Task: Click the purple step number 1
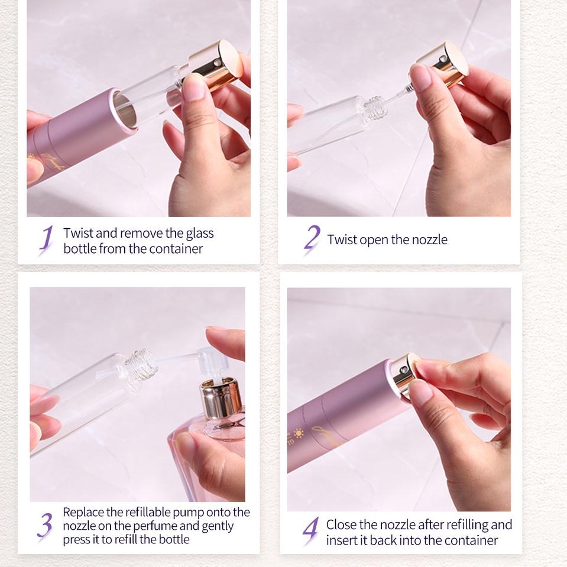pyautogui.click(x=47, y=239)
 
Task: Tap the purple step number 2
pyautogui.click(x=312, y=238)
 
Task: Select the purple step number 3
pyautogui.click(x=44, y=525)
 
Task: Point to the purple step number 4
pyautogui.click(x=310, y=531)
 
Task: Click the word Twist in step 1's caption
pyautogui.click(x=78, y=233)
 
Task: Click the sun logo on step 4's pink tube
pyautogui.click(x=298, y=433)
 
